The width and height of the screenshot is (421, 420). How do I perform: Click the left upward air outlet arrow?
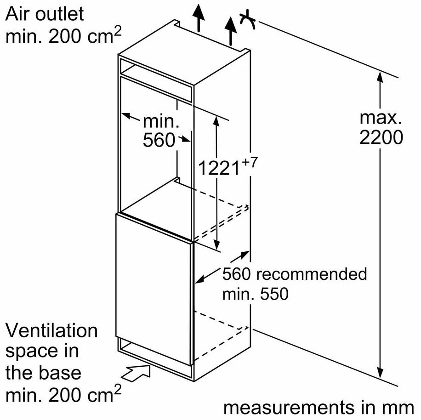coord(199,18)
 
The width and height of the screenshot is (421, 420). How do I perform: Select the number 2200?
coord(381,138)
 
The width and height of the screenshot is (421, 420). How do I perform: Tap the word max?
coord(381,118)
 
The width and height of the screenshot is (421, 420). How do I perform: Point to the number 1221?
coord(219,168)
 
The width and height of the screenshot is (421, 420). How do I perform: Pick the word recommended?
coord(312,274)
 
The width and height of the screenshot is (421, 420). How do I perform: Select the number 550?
coord(274,294)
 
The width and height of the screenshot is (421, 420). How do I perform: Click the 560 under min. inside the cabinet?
coord(159,140)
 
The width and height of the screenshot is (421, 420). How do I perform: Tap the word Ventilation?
coord(51,331)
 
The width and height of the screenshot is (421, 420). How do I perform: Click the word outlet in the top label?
coord(60,14)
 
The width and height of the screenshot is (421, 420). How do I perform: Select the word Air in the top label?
coord(18,14)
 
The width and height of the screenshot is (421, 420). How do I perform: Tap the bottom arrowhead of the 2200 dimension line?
coord(380,372)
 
